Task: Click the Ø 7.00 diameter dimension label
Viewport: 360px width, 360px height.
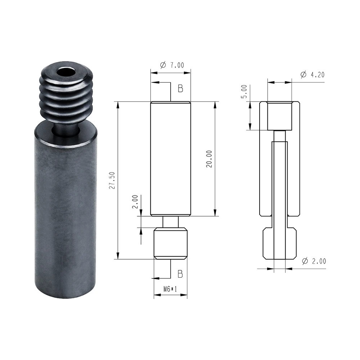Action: pyautogui.click(x=172, y=65)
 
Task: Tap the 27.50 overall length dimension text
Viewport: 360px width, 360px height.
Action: pyautogui.click(x=112, y=180)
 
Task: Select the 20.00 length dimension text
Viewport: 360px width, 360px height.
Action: pyautogui.click(x=209, y=159)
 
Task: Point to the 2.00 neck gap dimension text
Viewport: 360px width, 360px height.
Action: pyautogui.click(x=135, y=202)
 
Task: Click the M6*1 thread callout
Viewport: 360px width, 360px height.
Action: pyautogui.click(x=170, y=289)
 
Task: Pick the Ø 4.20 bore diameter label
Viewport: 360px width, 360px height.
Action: pyautogui.click(x=312, y=75)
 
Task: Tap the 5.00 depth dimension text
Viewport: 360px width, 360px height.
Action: pyautogui.click(x=244, y=91)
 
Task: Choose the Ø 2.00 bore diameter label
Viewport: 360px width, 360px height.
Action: pyautogui.click(x=314, y=261)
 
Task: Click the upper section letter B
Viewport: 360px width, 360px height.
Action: pyautogui.click(x=180, y=89)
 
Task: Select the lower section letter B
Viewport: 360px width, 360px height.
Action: pyautogui.click(x=180, y=274)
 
